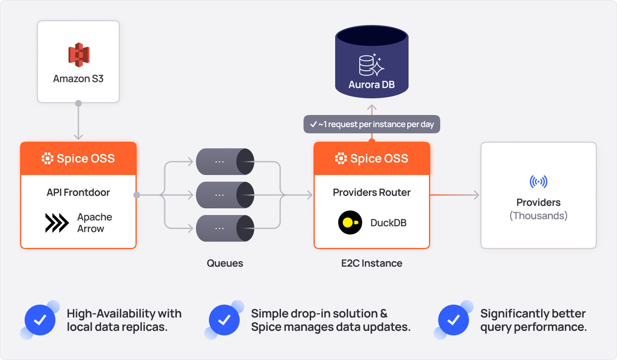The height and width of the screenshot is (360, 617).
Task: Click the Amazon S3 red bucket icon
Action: (79, 55)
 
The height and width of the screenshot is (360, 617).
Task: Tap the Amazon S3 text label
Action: (78, 79)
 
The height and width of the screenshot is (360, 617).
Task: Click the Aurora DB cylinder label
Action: (371, 85)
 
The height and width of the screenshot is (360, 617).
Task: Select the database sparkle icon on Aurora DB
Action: (371, 65)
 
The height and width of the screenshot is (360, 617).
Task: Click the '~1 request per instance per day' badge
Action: (371, 124)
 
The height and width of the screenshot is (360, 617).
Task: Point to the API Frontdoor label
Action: (78, 192)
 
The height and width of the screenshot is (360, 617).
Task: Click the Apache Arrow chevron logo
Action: (57, 223)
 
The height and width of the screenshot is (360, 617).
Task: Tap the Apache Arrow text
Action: (95, 223)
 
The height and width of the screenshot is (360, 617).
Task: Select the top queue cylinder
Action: (225, 162)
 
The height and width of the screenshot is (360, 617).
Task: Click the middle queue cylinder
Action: (225, 195)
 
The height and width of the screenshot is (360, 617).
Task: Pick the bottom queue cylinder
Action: (225, 228)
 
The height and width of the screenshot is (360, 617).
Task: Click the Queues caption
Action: (225, 263)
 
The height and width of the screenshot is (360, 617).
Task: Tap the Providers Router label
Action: (371, 192)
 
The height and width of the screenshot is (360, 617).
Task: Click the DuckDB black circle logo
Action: (350, 222)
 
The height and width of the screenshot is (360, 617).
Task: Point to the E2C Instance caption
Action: (371, 263)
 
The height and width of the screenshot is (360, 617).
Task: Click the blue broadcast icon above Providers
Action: (538, 182)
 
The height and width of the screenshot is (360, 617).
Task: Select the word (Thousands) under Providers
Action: (538, 216)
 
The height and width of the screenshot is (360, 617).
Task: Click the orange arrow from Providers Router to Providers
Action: (454, 195)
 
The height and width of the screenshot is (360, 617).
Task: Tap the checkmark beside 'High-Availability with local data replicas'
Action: (40, 320)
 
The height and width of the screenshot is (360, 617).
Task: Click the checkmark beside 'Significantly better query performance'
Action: (454, 320)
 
